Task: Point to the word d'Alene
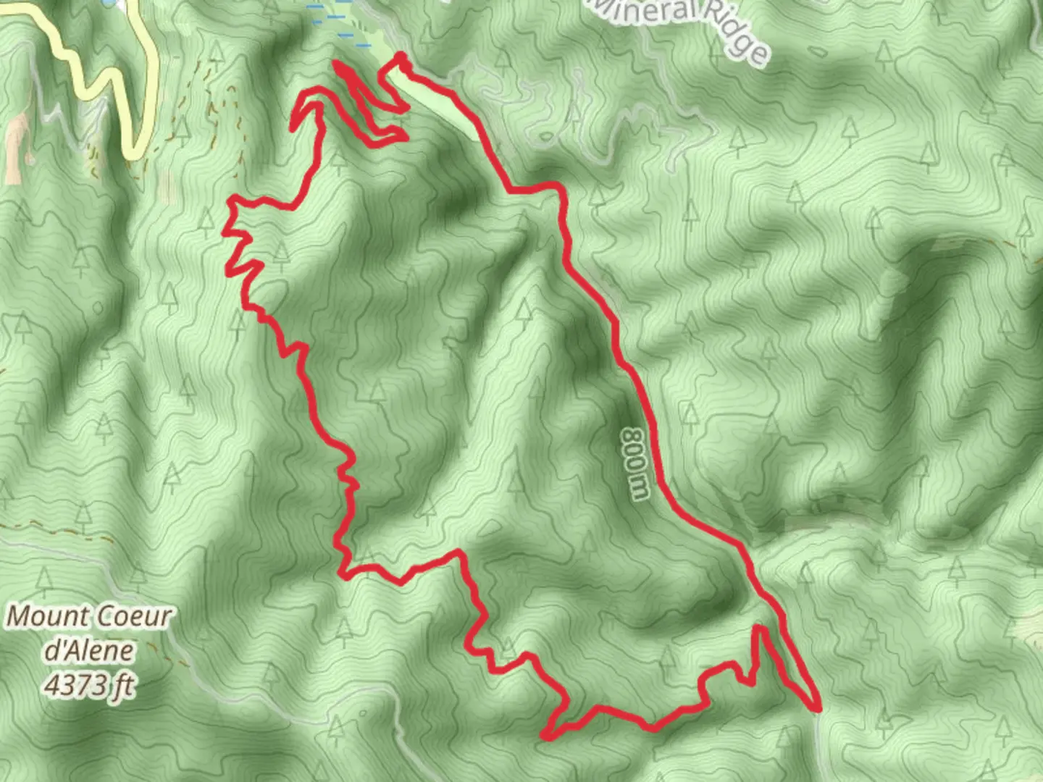point(88,650)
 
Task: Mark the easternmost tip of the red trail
point(818,707)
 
